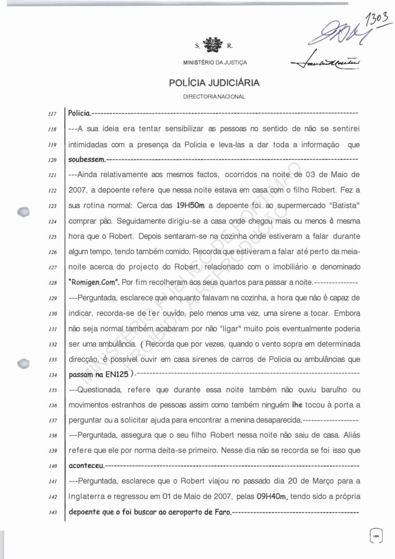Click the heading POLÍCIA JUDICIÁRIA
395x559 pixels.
click(214, 83)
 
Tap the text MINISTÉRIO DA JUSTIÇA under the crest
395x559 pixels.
click(214, 63)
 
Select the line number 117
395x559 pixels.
click(52, 113)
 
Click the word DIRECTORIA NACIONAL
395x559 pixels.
click(214, 98)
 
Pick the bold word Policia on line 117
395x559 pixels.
click(79, 113)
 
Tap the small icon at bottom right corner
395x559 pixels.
click(376, 533)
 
